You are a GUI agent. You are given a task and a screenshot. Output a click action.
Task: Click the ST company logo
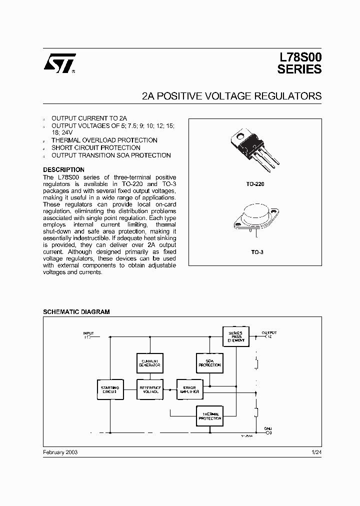59,63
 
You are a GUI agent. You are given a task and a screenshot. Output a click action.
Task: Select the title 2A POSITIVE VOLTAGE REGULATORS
231,96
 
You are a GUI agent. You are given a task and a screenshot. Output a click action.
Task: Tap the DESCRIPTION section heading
63,170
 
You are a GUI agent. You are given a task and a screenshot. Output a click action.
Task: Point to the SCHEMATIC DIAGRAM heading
76,311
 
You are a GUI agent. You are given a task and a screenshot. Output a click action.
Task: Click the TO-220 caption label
255,184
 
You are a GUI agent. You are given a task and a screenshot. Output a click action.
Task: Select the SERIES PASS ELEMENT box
235,336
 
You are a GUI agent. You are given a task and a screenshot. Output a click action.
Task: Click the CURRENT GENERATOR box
149,363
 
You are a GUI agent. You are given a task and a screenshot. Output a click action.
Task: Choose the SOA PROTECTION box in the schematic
209,363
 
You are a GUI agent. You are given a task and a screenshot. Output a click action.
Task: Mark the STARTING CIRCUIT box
109,389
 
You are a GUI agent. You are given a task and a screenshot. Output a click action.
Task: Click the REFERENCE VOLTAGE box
149,389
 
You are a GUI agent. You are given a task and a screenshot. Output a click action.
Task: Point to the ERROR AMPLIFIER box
189,389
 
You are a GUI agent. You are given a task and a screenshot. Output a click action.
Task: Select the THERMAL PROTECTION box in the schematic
209,416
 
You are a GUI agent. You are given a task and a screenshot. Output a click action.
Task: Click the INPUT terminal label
88,333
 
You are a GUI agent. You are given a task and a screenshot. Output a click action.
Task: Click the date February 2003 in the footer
60,451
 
